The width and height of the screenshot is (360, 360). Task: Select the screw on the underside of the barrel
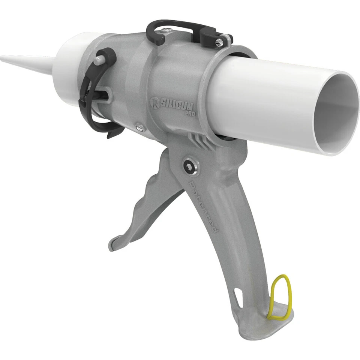(139, 127)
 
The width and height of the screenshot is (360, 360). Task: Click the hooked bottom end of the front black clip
(112, 133)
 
